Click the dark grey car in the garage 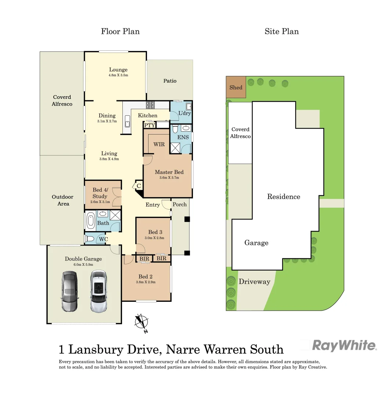click(69, 291)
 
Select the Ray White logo click(344, 346)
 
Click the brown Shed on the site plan click(236, 87)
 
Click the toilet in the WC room click(89, 239)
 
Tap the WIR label click(159, 144)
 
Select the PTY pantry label click(149, 125)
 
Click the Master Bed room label click(169, 172)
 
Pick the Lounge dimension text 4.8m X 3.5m click(118, 75)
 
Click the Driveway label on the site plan click(254, 282)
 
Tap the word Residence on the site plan click(283, 197)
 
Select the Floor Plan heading click(120, 31)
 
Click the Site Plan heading click(282, 31)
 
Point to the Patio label click(170, 81)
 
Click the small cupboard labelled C click(139, 186)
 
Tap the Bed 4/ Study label click(100, 193)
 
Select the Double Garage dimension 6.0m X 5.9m click(83, 264)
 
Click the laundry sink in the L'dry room click(188, 107)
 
